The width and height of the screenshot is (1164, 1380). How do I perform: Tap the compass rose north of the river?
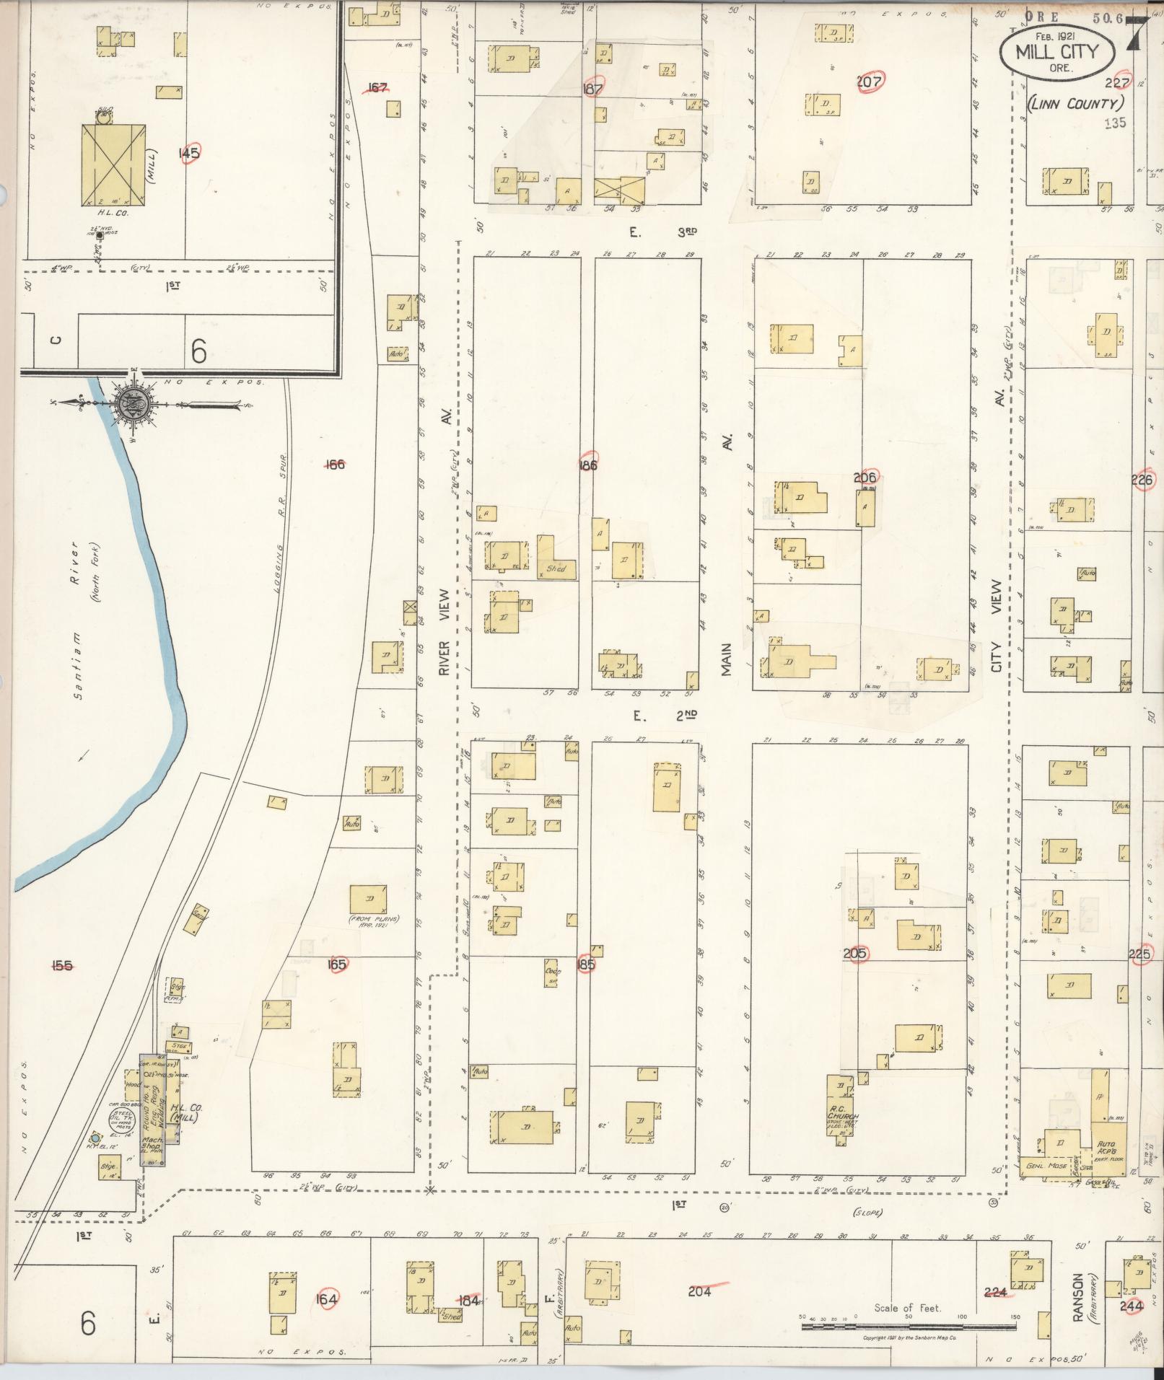[x=134, y=403]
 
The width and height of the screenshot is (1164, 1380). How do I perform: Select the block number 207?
[x=869, y=82]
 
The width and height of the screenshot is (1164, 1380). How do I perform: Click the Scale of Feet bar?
[x=907, y=1325]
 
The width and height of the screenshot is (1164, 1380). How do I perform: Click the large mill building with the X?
[x=113, y=164]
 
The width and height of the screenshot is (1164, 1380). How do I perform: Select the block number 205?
[x=855, y=953]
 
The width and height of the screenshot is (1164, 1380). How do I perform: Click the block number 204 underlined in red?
[x=699, y=1291]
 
